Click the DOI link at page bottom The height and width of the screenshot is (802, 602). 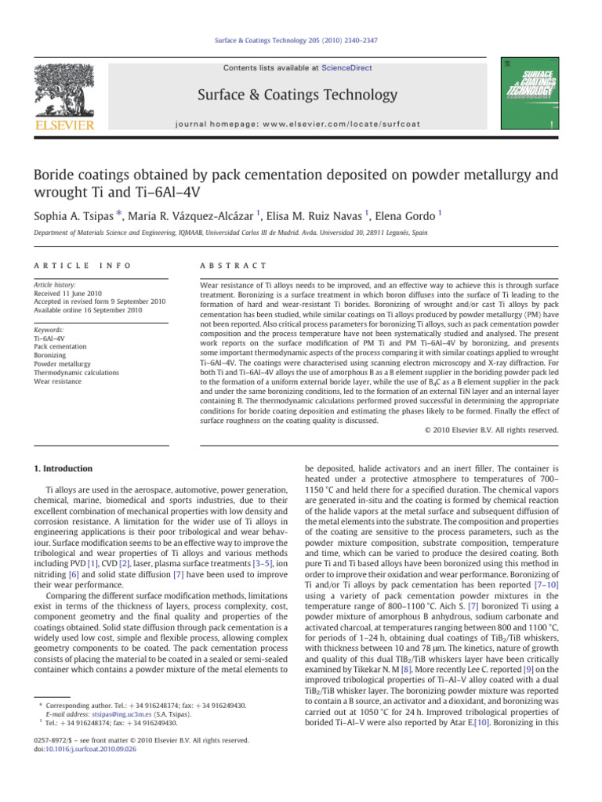(82, 750)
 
